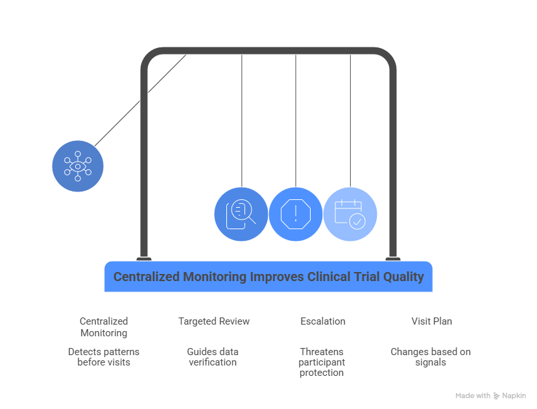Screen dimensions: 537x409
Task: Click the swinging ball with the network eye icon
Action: point(78,166)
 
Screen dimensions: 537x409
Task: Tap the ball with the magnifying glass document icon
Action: point(241,214)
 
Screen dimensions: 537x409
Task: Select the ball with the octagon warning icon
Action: point(296,214)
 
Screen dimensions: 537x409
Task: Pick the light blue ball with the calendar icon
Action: point(350,214)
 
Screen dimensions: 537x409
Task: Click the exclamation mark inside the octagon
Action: point(296,214)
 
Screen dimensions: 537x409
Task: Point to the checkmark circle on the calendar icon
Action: point(357,221)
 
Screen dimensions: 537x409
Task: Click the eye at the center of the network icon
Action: point(78,166)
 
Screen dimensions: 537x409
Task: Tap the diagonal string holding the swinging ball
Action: point(141,101)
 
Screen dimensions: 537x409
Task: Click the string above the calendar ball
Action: point(350,121)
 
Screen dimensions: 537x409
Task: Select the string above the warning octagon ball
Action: point(296,121)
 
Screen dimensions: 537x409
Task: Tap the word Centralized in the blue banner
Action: point(146,277)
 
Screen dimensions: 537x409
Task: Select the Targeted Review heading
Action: point(214,321)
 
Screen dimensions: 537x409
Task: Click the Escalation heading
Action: point(322,321)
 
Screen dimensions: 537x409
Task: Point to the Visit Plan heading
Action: point(431,321)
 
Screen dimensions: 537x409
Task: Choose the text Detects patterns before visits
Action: point(104,357)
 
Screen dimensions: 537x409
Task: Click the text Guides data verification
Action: point(213,357)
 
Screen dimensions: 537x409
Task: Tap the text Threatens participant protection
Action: point(322,362)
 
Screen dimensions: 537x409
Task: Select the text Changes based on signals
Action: point(431,357)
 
